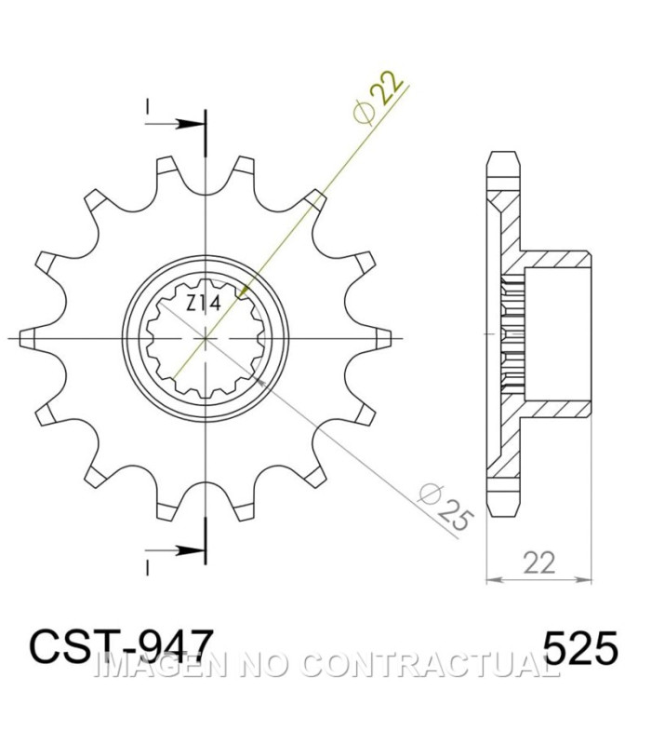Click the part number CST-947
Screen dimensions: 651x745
(121, 646)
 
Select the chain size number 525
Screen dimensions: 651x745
(580, 648)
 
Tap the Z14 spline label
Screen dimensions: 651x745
(204, 304)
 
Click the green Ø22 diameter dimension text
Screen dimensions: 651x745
(379, 97)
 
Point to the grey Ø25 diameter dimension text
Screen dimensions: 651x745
(445, 507)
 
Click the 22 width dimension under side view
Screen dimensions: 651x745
(539, 562)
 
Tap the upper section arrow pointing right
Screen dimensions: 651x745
(176, 125)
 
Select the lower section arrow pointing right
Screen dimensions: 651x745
(176, 550)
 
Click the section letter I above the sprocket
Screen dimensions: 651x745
(148, 107)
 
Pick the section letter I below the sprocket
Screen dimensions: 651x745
(148, 568)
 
